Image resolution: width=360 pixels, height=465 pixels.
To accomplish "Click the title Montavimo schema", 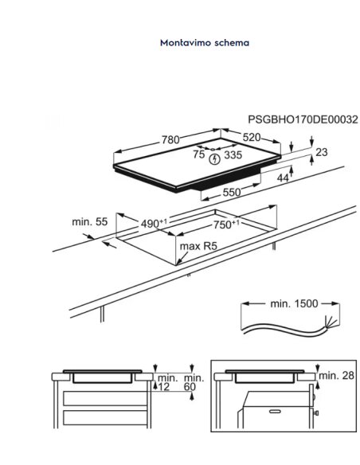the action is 205,43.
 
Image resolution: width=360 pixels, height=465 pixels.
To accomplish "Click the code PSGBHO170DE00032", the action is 303,119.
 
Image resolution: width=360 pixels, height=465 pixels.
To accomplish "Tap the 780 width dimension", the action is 170,139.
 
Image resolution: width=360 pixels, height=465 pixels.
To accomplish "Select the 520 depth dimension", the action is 252,137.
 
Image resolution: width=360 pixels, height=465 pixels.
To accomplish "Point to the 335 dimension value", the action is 233,154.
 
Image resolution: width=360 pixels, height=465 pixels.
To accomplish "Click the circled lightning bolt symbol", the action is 215,159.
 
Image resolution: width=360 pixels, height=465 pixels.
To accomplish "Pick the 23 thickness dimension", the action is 322,152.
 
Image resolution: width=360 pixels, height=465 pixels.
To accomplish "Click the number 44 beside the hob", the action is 283,178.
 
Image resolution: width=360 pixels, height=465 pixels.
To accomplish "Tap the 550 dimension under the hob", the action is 232,193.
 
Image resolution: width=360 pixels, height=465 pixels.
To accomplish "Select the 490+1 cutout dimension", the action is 154,223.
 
